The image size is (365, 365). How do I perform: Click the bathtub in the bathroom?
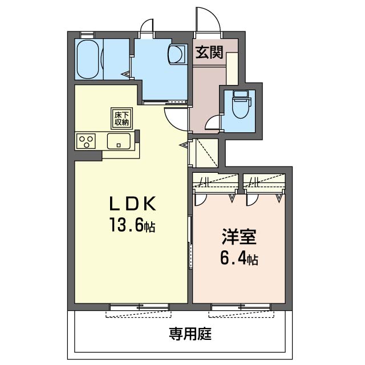coord(88,59)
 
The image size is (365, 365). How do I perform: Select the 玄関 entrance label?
coord(209,52)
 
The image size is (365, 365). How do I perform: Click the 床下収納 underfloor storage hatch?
coord(121,118)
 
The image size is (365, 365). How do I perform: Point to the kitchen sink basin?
coord(119,141)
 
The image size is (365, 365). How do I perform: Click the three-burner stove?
coord(86,141)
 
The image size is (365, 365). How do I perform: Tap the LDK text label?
coord(132,204)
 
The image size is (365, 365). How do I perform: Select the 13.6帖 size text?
coord(132,224)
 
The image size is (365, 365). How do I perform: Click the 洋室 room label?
coord(239,237)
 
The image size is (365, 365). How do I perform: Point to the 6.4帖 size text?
coord(239,258)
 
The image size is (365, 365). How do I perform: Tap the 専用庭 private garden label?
coord(190,334)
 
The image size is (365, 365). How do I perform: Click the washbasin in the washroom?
coord(176,54)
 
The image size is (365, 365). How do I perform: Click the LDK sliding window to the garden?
coord(139,307)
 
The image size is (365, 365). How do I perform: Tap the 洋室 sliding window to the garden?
coord(241,307)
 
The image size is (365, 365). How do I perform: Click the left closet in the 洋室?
coord(216,181)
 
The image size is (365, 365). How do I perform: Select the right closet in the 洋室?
coord(264,181)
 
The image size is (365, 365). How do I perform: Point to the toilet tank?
coord(241,95)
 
